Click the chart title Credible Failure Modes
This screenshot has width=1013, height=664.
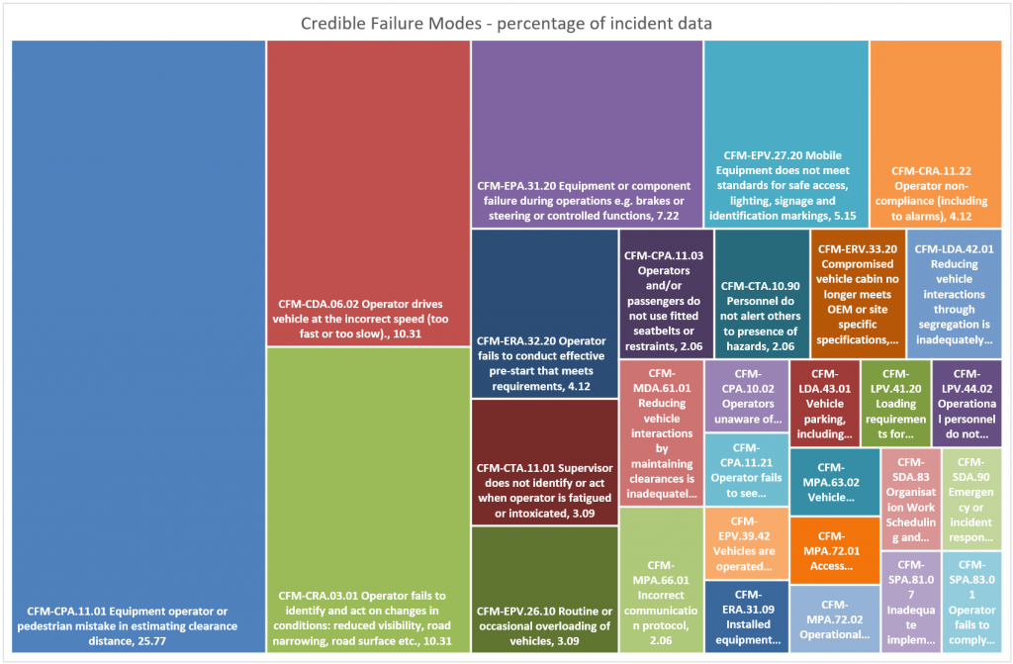pos(506,22)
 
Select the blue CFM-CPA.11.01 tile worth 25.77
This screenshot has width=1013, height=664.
pos(137,346)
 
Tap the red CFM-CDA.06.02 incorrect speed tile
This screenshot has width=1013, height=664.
pos(368,193)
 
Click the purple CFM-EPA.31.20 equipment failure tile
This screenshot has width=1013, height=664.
pos(587,134)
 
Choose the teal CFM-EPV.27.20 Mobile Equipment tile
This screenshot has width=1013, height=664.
pos(785,134)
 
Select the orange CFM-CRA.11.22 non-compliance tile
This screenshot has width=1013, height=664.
pos(936,134)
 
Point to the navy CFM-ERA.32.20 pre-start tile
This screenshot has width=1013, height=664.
pos(544,313)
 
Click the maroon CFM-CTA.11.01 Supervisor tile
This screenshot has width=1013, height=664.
pos(544,461)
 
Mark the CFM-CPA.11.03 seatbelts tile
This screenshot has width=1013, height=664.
pos(664,293)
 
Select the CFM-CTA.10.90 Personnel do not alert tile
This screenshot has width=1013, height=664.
pos(760,293)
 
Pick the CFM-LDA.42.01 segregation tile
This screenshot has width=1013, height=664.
pos(954,293)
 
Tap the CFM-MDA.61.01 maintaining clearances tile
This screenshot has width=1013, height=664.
pos(661,432)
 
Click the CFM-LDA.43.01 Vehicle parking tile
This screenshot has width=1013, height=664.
pos(824,404)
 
